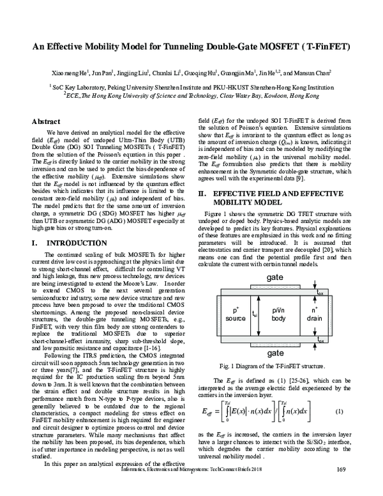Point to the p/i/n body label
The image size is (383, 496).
point(279,314)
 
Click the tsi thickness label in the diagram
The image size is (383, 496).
point(256,314)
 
